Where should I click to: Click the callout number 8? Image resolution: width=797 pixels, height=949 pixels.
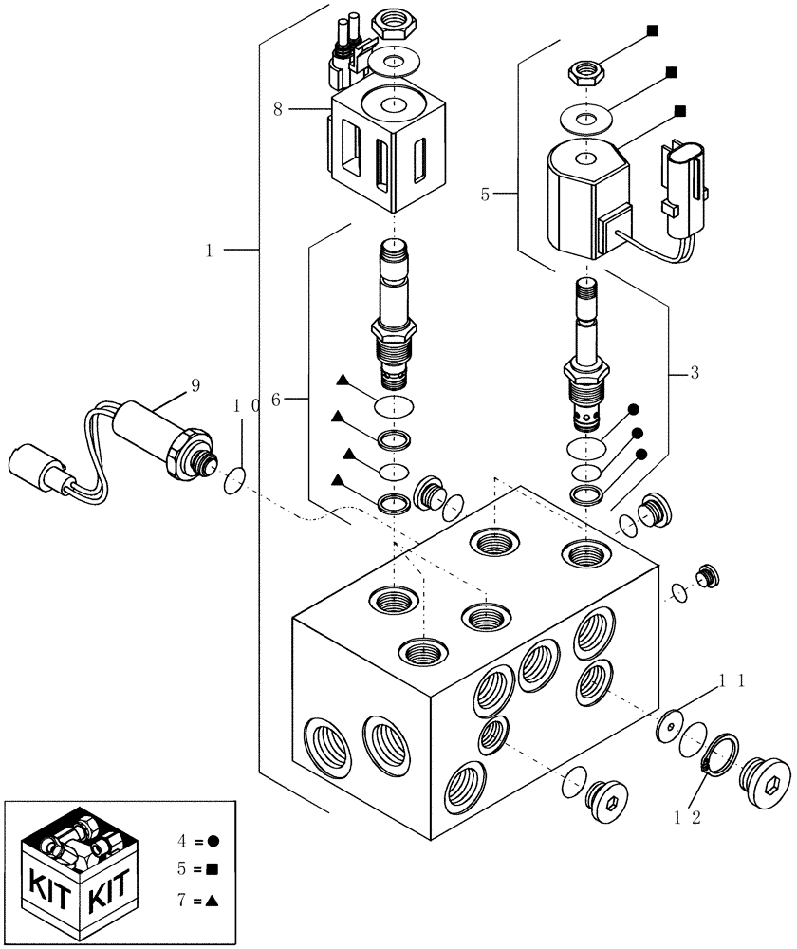278,109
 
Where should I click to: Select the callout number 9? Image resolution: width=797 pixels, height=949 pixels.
195,386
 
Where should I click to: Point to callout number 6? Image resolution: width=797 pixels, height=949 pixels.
276,401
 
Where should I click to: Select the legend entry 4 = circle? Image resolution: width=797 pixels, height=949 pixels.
200,841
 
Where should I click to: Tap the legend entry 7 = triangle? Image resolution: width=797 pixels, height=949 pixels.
200,897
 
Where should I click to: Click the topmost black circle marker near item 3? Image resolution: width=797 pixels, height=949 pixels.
634,409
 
